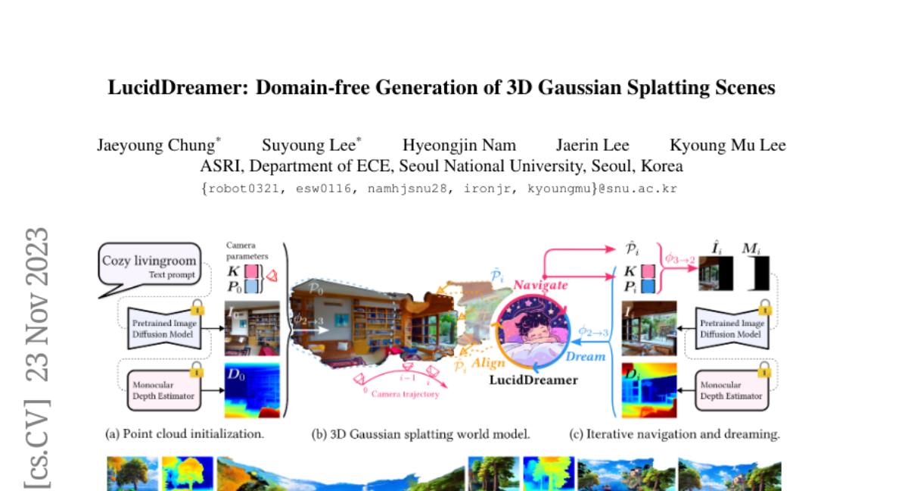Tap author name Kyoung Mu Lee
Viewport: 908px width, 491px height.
pos(728,145)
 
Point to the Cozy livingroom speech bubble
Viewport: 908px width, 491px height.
pos(150,266)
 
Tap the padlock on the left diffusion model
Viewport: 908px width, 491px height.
pos(198,307)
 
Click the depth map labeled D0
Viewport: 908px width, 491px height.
pos(252,390)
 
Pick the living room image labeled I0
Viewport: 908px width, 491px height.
pos(252,328)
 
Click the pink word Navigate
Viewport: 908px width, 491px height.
pos(540,285)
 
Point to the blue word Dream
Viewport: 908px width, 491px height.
pos(587,356)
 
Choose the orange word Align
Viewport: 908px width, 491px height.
pos(489,363)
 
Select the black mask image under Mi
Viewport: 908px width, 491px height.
pos(757,274)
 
